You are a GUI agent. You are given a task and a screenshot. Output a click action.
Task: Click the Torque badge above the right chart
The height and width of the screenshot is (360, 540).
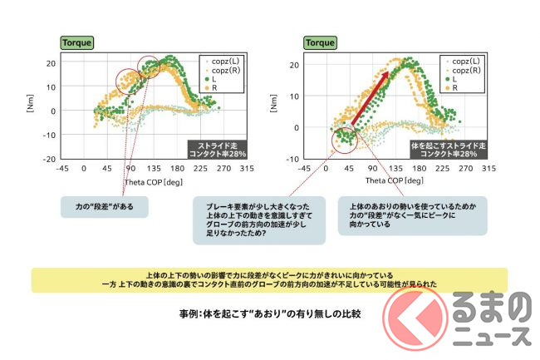(320, 42)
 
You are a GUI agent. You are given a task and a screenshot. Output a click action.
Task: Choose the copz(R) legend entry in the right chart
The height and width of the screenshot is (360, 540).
(464, 71)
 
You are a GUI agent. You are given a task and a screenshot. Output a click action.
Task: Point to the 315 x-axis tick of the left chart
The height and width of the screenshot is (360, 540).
(246, 169)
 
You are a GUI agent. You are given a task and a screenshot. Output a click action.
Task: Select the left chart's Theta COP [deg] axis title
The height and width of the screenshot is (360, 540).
(153, 180)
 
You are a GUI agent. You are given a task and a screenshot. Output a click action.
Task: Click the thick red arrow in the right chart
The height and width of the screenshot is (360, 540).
(377, 96)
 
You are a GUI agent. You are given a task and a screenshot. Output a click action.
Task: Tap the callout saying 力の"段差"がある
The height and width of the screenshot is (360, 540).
(105, 206)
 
